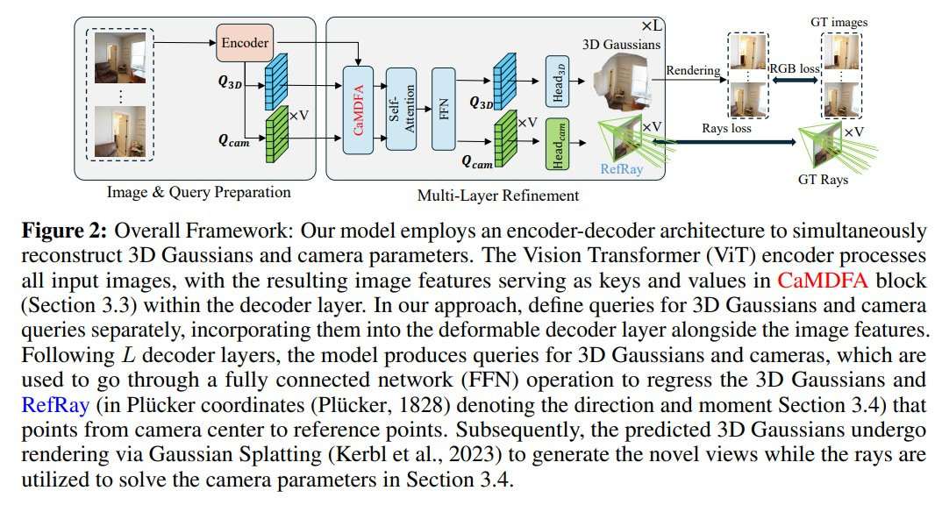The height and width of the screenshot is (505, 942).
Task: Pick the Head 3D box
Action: coord(558,73)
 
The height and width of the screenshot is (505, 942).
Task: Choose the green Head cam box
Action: coord(558,146)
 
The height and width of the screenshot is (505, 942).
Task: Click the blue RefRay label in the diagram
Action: coord(622,169)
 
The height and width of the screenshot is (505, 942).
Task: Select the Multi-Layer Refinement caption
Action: coord(497,195)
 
